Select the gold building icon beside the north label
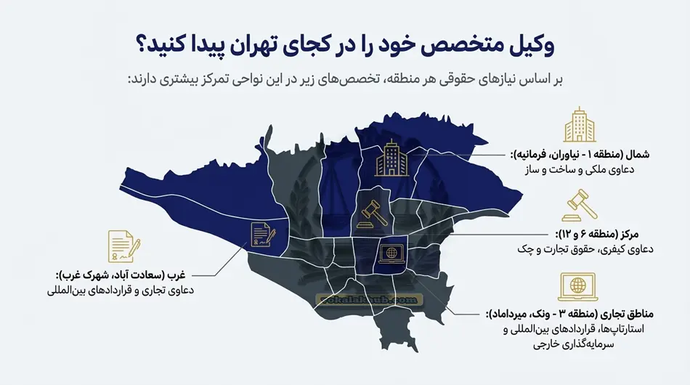(x=579, y=126)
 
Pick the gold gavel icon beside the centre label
(x=579, y=205)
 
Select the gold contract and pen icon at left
(x=124, y=246)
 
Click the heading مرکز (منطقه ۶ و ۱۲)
(x=609, y=234)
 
